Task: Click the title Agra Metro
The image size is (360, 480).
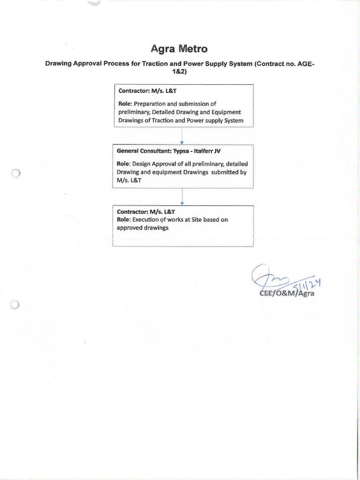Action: point(180,49)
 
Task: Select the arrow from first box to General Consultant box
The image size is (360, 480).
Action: point(181,136)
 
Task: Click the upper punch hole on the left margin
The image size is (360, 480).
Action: point(15,174)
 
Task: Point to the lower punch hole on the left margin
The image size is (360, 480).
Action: point(15,305)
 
